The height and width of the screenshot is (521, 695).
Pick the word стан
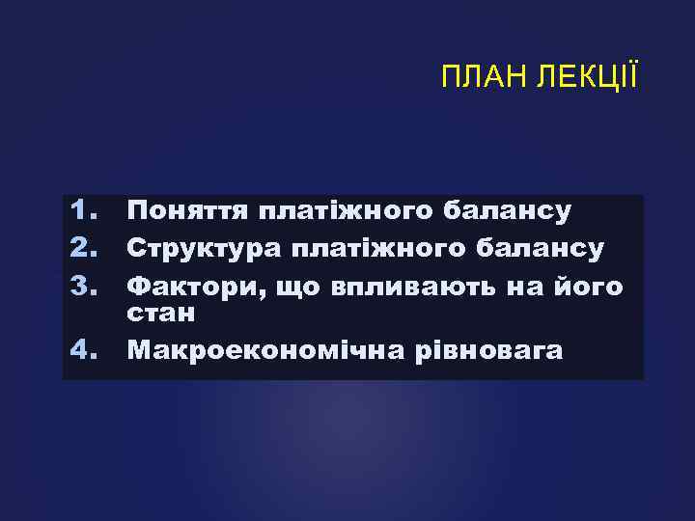162,314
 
